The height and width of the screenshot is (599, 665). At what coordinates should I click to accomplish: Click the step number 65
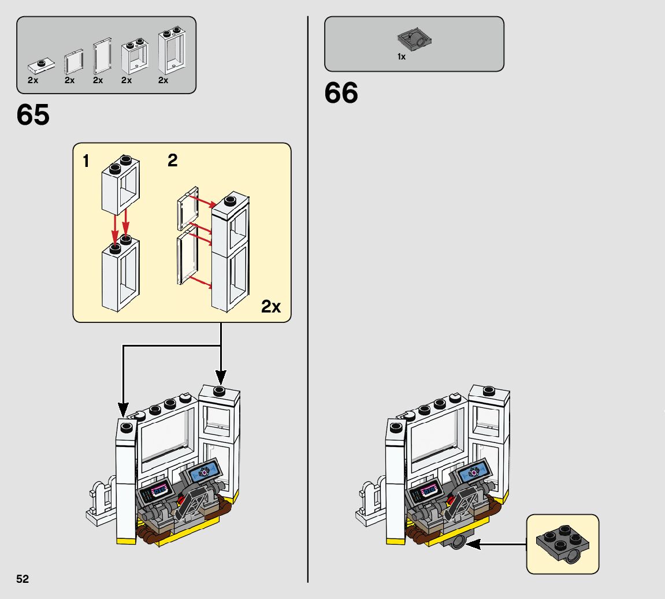(33, 116)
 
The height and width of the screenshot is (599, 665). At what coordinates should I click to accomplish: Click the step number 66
(341, 93)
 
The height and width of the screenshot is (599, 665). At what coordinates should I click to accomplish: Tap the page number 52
(23, 579)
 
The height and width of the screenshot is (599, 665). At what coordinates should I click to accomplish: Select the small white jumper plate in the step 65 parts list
(42, 65)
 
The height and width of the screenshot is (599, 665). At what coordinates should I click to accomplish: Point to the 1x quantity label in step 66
(401, 57)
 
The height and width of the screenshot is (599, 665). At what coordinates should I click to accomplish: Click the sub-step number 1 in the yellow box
(86, 162)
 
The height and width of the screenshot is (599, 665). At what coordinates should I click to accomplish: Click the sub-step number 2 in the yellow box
(172, 161)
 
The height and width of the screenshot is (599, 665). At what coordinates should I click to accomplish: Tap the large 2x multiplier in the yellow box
(270, 306)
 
